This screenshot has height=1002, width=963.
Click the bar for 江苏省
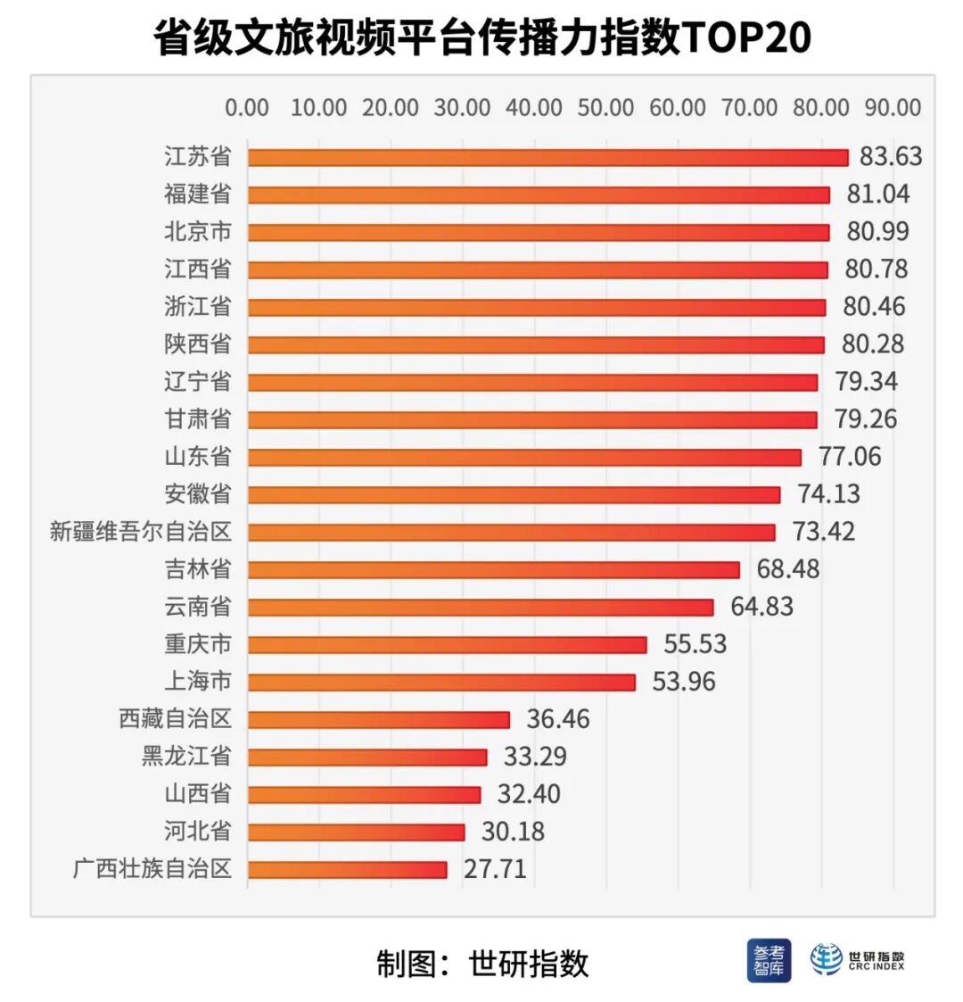tap(547, 158)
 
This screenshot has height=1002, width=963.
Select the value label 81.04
tap(878, 195)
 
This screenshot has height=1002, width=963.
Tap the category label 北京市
tap(198, 232)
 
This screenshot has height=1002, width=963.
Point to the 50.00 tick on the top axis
tap(605, 108)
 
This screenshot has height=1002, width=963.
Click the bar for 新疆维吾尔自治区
tap(511, 533)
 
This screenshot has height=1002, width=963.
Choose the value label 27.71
tap(495, 869)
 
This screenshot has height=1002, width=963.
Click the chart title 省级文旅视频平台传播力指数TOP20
tap(481, 38)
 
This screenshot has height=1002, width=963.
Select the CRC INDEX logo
tap(857, 960)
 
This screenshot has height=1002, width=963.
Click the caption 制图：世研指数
tap(481, 964)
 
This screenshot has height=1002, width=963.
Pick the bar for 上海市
tap(441, 683)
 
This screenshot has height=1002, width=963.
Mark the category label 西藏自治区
tap(175, 718)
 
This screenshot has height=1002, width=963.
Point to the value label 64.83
tap(761, 607)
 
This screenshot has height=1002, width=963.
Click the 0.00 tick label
tap(247, 108)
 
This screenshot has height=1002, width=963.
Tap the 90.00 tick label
tap(893, 108)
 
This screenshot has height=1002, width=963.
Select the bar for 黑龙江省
tap(367, 758)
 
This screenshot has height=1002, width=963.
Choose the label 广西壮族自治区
tap(152, 868)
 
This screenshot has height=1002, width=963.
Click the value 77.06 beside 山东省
tap(850, 457)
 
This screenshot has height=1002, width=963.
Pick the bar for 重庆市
tap(447, 645)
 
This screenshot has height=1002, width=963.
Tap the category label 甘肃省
tap(198, 418)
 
